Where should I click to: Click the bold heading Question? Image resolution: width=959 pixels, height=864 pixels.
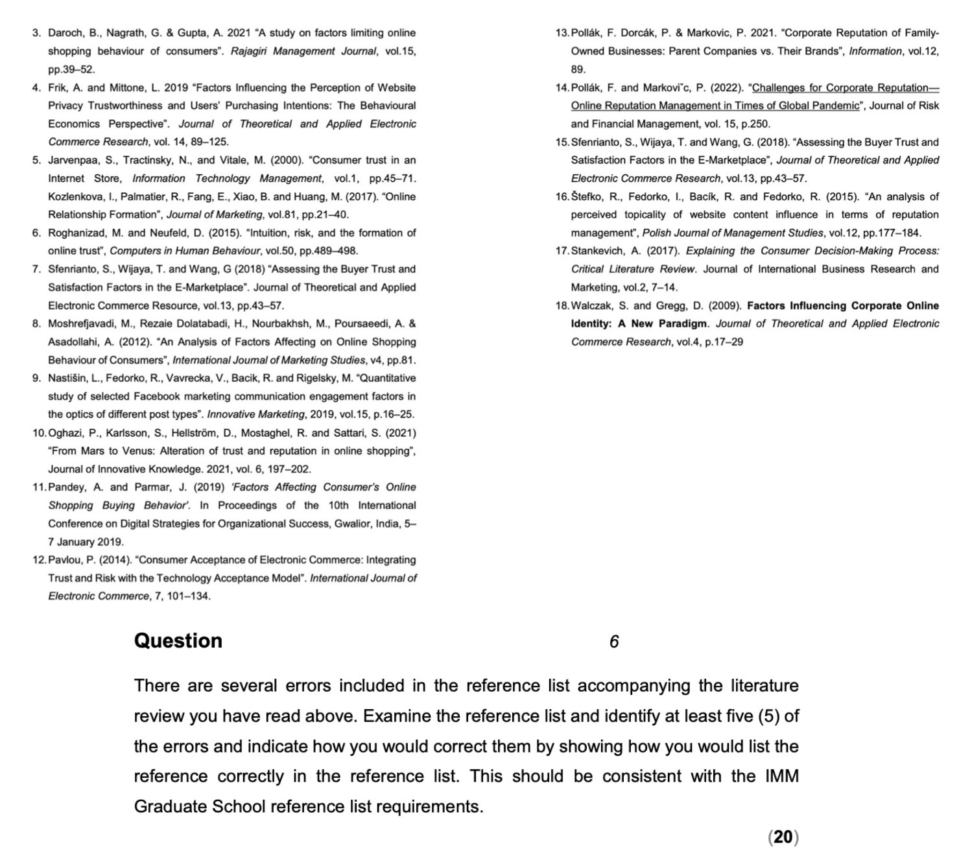178,640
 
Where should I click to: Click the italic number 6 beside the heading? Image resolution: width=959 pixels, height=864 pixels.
614,642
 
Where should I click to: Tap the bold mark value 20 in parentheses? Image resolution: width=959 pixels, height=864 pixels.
783,837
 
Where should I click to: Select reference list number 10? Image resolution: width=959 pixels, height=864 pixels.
39,433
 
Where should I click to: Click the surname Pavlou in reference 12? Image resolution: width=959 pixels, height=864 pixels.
64,560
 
